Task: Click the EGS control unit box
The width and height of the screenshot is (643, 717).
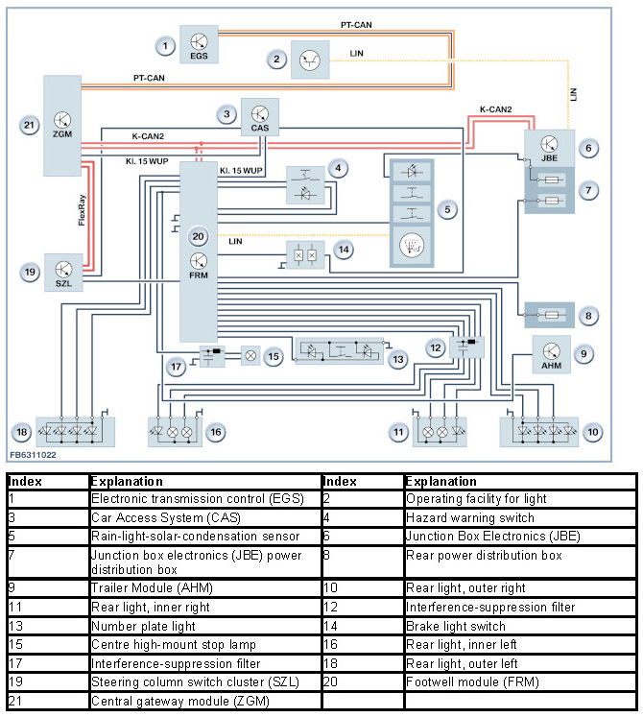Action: point(200,45)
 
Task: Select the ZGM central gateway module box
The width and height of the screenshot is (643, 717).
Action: point(62,127)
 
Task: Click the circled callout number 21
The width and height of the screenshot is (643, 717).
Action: point(29,126)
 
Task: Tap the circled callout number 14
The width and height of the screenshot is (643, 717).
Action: point(343,250)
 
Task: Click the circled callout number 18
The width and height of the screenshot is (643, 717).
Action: point(21,432)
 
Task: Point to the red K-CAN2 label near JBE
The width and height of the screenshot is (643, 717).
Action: point(502,110)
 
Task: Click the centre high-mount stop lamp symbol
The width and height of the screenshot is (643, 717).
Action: point(248,355)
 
